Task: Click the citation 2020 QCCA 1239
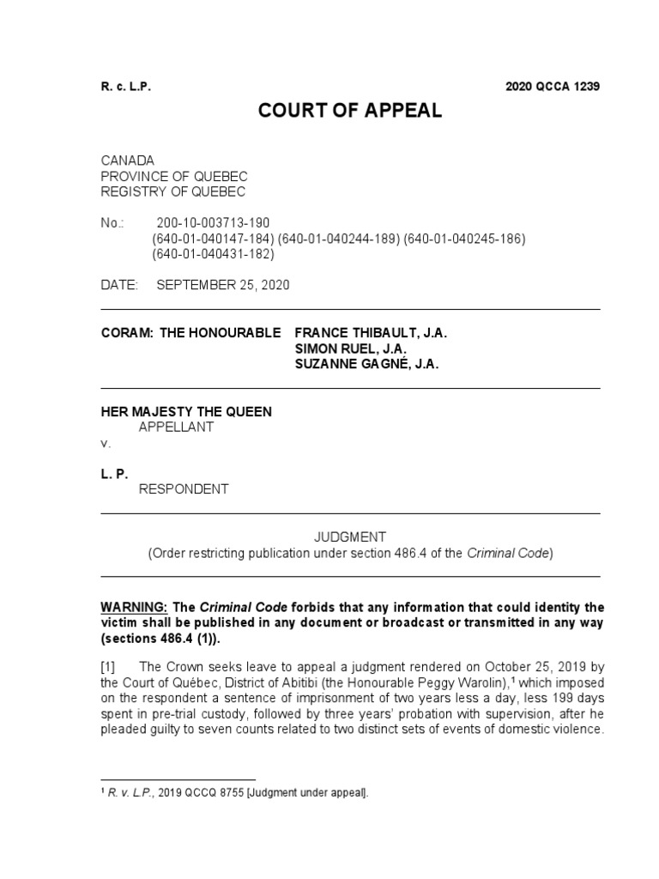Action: click(553, 87)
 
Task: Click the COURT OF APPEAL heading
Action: click(351, 112)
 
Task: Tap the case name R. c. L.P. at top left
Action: click(126, 87)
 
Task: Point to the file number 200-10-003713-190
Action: click(214, 223)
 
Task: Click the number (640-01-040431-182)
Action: click(214, 254)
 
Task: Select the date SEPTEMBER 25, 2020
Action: click(223, 286)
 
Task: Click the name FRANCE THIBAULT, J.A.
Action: click(371, 333)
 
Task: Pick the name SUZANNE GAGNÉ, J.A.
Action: click(367, 365)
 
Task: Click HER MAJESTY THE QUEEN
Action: click(186, 412)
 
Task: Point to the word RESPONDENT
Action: click(184, 490)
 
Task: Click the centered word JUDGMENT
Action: click(350, 537)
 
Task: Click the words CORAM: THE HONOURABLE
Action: click(190, 333)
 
